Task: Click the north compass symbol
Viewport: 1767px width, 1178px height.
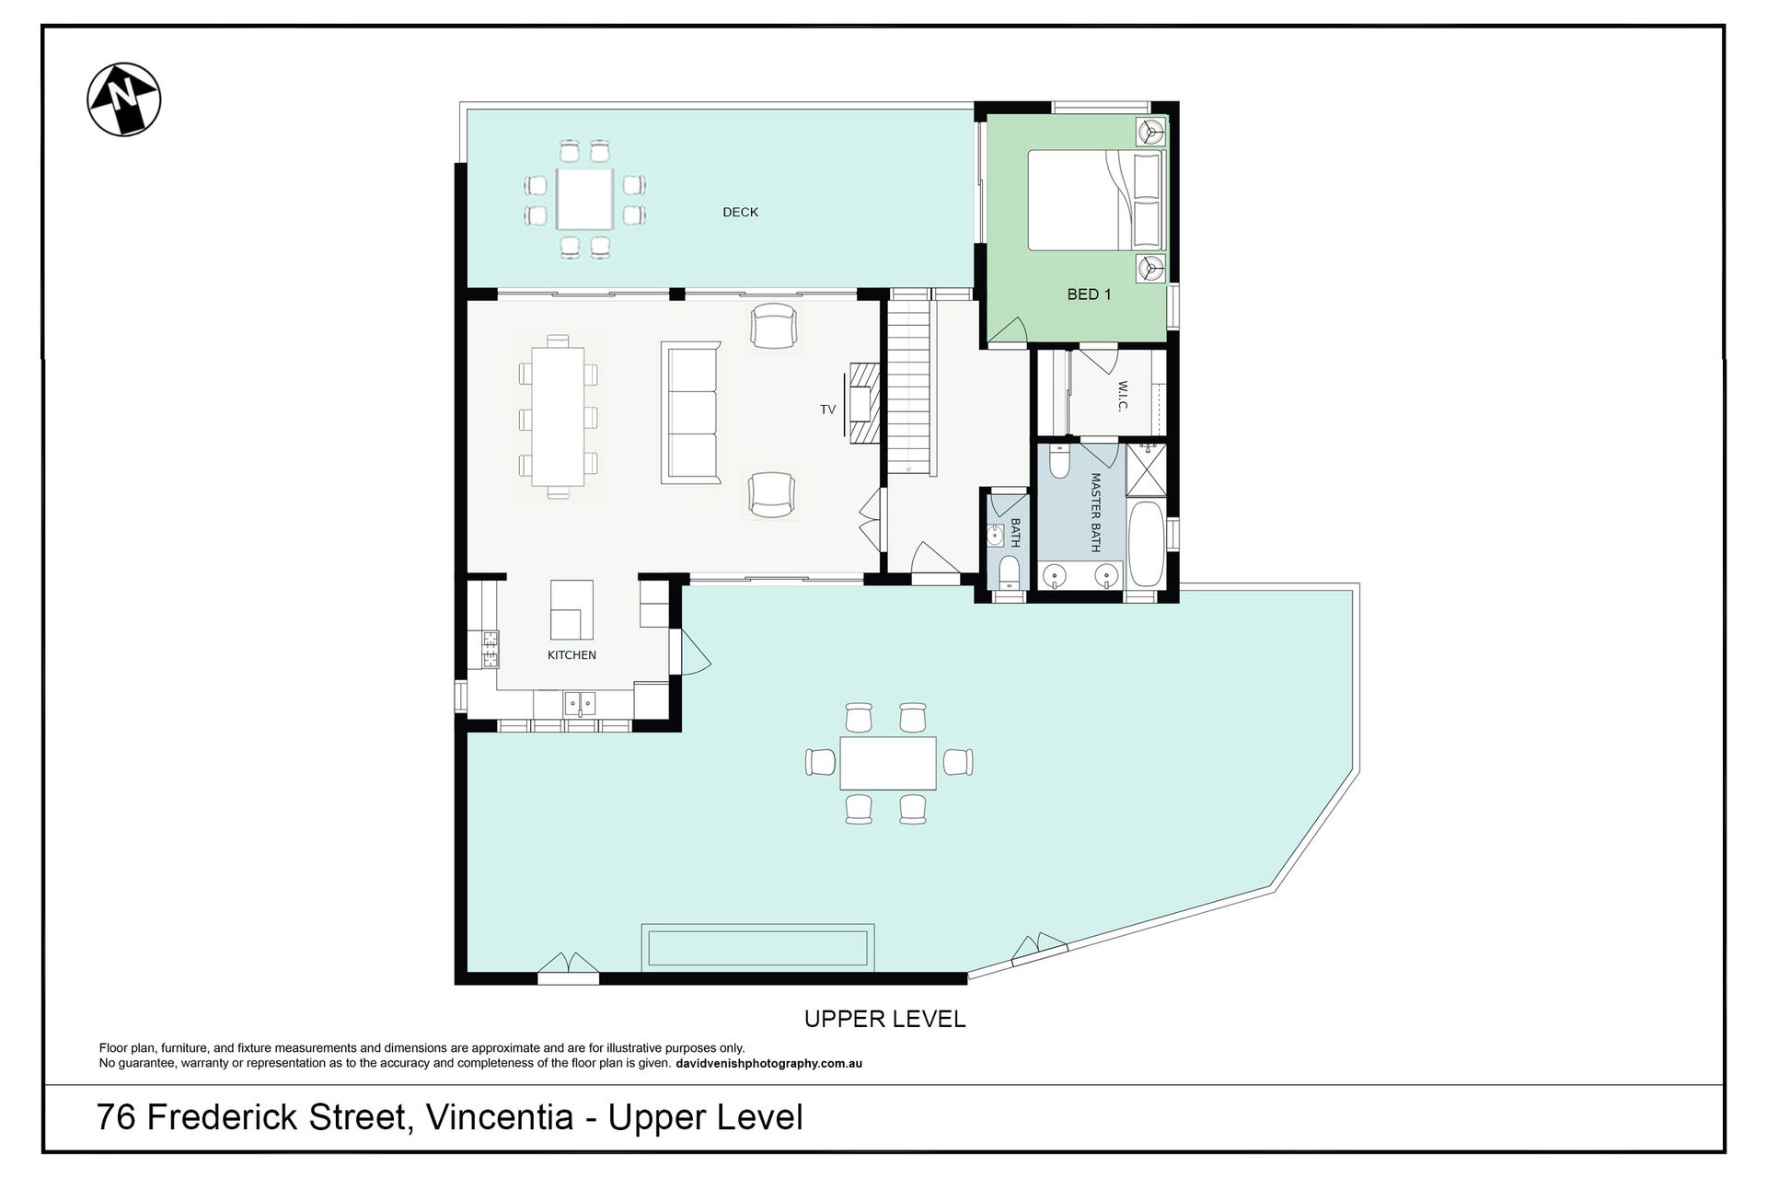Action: (124, 99)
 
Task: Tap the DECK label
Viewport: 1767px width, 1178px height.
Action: (740, 212)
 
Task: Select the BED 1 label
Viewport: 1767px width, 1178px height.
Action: (1089, 294)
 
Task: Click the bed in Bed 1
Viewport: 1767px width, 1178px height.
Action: (1096, 201)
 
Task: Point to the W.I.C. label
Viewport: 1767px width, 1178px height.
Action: (1123, 396)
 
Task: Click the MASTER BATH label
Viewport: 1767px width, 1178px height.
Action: (1095, 512)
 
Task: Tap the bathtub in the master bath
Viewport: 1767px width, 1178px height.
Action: (1147, 544)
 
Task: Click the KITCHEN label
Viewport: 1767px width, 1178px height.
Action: (572, 655)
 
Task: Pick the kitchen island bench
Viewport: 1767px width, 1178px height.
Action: (572, 609)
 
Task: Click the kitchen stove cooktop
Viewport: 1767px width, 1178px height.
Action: (491, 649)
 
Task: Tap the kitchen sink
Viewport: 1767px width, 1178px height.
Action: (580, 704)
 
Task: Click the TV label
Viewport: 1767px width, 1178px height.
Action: (827, 410)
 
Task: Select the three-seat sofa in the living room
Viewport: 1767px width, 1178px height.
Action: (690, 413)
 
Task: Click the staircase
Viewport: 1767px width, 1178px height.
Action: (910, 387)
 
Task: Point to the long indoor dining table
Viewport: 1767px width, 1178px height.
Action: (558, 416)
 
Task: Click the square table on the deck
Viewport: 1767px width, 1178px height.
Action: (584, 199)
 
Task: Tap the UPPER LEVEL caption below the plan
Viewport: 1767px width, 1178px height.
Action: (885, 1019)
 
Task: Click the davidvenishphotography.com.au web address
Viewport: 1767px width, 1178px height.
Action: (769, 1064)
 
